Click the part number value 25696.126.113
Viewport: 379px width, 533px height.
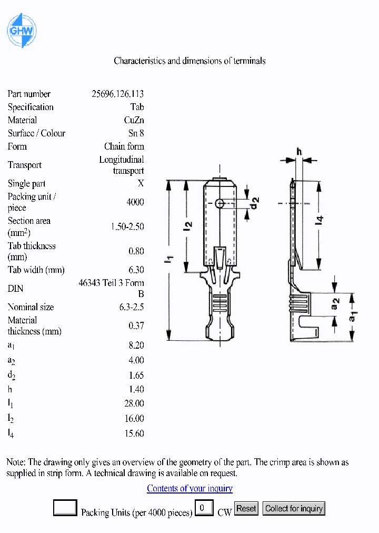point(117,94)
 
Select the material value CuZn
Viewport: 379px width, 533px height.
point(134,121)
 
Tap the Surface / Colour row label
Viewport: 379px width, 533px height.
point(36,134)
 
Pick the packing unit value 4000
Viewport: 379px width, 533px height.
point(135,202)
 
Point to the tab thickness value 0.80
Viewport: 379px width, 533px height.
point(136,252)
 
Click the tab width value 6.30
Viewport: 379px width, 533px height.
point(136,270)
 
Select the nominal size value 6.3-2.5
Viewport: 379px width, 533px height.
point(131,307)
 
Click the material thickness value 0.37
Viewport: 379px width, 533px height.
point(136,326)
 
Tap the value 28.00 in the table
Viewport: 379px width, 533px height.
point(134,404)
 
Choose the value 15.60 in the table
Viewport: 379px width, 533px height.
point(134,433)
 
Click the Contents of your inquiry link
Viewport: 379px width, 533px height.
point(189,489)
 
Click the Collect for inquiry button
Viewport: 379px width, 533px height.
point(294,509)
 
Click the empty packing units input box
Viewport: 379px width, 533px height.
point(65,508)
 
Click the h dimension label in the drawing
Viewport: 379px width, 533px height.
point(299,152)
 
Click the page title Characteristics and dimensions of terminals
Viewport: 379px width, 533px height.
point(189,61)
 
